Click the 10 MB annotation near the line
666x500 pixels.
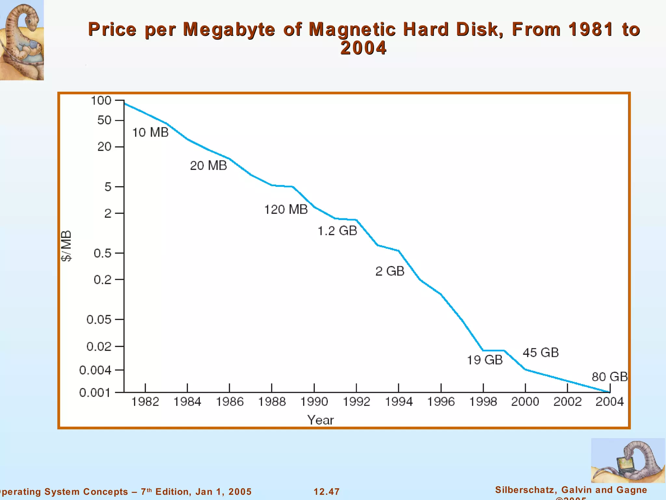coord(150,132)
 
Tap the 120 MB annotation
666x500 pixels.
coord(286,209)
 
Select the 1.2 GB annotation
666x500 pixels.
coord(337,231)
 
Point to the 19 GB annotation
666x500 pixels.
coord(485,360)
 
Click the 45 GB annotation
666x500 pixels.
coord(540,353)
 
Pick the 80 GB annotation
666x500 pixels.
coord(609,377)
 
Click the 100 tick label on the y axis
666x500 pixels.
coord(101,101)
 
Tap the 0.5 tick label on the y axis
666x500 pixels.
coord(102,253)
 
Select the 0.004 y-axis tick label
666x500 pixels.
coord(95,370)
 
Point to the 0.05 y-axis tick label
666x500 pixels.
coord(99,320)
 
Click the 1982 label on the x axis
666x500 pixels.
coord(145,402)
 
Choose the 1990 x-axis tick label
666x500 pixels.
coord(314,402)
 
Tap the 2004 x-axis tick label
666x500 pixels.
coord(609,402)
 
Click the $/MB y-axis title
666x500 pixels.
coord(66,246)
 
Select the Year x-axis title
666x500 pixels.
coord(320,420)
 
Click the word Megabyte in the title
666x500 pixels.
coord(229,29)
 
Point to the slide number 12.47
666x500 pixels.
coord(326,492)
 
